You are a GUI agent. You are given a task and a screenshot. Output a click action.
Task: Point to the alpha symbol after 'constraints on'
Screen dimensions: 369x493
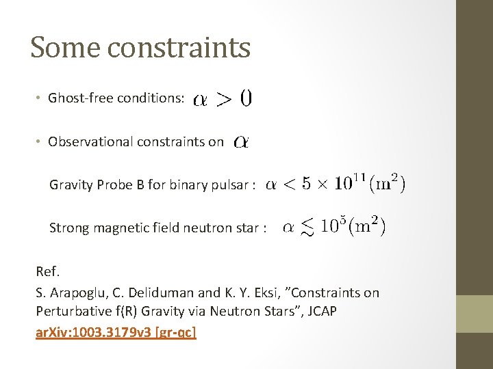241,142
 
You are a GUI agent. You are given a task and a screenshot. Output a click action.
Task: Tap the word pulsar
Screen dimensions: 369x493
230,184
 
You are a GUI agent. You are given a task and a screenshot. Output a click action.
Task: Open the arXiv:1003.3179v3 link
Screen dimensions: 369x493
116,333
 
